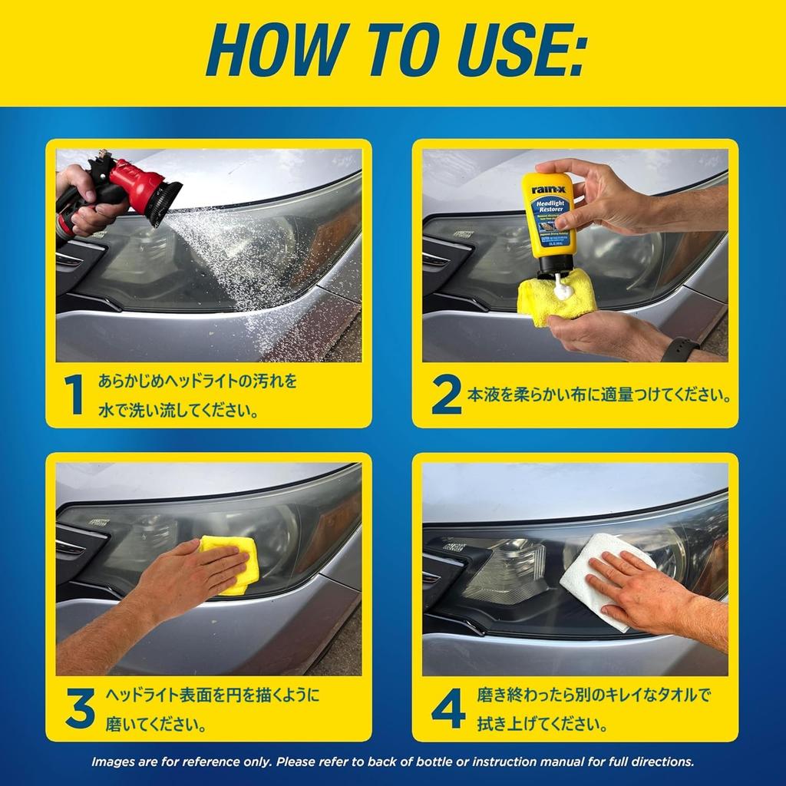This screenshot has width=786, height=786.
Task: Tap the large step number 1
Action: click(x=73, y=396)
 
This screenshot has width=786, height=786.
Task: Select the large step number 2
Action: click(x=446, y=396)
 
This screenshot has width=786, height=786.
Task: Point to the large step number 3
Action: click(x=79, y=708)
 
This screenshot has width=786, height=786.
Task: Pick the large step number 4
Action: click(x=447, y=708)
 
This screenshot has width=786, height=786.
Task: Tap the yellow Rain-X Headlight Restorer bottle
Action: click(x=548, y=215)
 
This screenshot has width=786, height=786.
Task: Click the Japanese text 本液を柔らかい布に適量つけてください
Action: click(x=597, y=397)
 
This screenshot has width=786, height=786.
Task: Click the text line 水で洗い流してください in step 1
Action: click(x=177, y=411)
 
